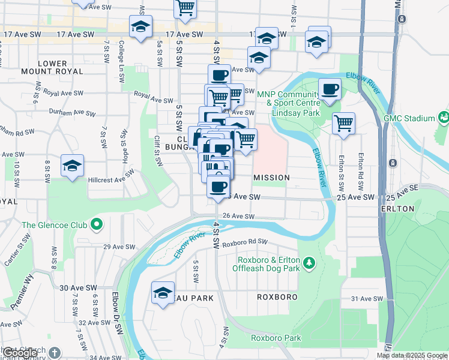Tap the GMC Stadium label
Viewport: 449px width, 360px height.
tap(414, 118)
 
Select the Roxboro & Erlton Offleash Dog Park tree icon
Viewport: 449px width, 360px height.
tap(309, 263)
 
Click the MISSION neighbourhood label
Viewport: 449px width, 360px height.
tap(271, 178)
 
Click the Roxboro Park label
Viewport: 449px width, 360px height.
tap(276, 338)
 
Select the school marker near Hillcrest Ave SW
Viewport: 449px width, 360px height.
tap(73, 166)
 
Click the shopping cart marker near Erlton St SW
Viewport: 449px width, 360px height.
tap(343, 124)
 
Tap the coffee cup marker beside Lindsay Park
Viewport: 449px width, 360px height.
tap(330, 90)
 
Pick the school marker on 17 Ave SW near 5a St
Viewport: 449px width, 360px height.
tap(141, 27)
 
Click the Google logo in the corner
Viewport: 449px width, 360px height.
tap(20, 353)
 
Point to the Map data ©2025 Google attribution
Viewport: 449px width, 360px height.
tap(412, 356)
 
